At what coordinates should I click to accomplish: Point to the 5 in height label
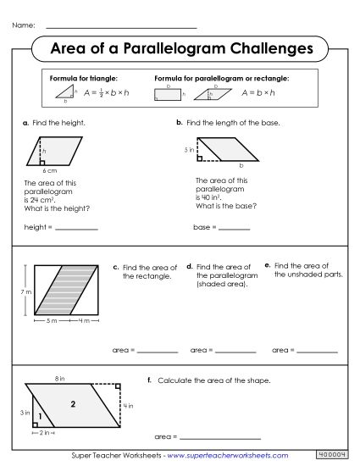188,149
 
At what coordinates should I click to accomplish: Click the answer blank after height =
75,228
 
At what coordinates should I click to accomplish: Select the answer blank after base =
234,228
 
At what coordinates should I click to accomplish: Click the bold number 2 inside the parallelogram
74,404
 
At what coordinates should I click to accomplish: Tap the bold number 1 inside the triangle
41,416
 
